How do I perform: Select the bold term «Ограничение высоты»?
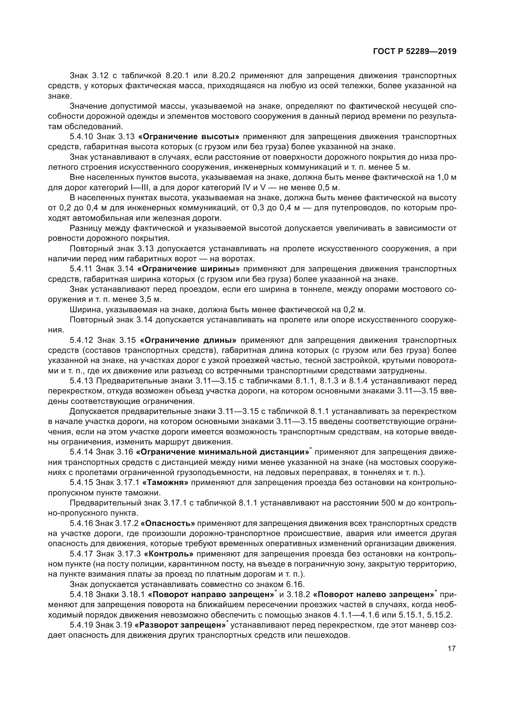(189, 137)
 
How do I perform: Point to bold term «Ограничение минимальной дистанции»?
(223, 452)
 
